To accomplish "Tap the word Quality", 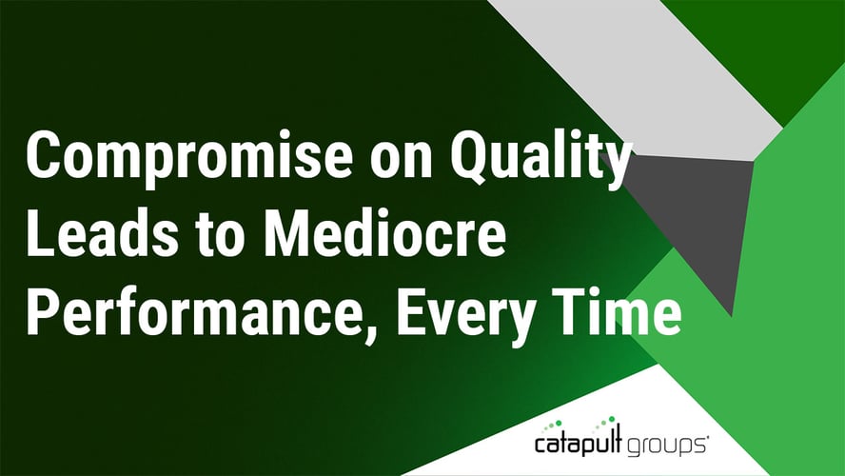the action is click(x=540, y=157).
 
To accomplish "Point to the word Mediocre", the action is click(x=384, y=233).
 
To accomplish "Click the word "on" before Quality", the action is click(x=401, y=162).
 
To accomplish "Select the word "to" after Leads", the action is click(x=218, y=236).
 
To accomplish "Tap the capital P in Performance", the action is click(x=43, y=311).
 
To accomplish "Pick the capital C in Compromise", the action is click(x=45, y=155).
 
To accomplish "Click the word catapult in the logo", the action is click(x=579, y=443).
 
